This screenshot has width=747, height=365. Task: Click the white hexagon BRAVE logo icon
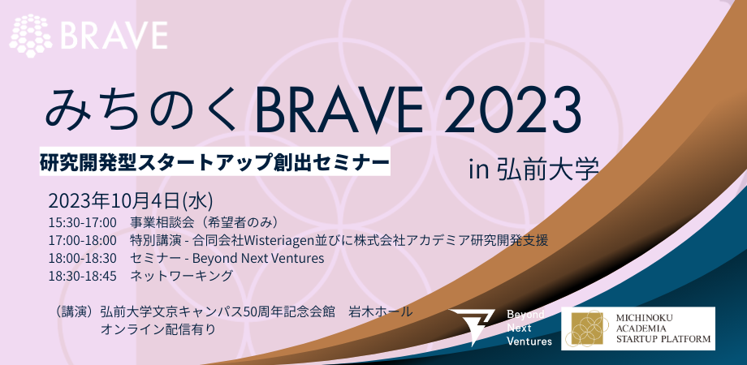pos(31,36)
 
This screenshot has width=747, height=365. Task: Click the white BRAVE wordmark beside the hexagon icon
pos(114,36)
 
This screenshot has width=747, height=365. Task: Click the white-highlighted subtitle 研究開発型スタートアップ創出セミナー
pos(215,162)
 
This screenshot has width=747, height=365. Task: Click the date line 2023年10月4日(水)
pos(131,201)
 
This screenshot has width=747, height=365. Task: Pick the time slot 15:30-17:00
pos(83,223)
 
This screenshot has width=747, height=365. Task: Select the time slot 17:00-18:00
pos(83,240)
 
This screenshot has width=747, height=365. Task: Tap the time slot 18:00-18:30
pos(83,259)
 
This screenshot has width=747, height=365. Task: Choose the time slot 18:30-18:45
pos(83,276)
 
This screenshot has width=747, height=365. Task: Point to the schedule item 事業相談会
pos(155,223)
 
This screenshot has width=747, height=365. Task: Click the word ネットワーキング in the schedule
pos(182,276)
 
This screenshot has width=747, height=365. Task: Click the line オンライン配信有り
pos(158,328)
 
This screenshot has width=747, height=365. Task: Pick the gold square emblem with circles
pos(587,328)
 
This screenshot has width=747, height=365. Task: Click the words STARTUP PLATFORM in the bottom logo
pos(663,339)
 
